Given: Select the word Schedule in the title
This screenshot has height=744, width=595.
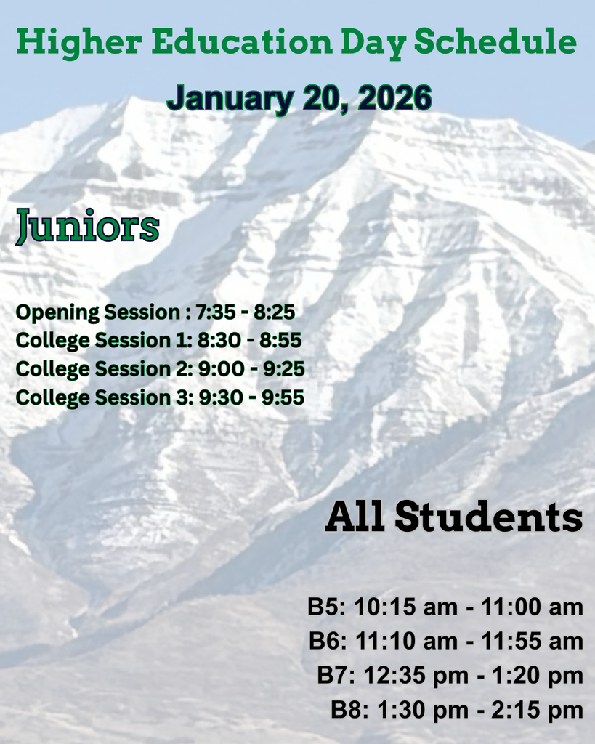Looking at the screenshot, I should coord(495,42).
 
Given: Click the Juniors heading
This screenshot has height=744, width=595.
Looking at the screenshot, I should coord(87,227).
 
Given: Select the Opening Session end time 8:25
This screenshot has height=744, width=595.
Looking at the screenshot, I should coord(274,312).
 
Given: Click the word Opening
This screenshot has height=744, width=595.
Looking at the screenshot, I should coord(57,312).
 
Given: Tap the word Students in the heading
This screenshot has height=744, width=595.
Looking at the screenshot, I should coord(488,517).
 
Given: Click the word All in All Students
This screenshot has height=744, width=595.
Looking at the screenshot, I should coord(355,517).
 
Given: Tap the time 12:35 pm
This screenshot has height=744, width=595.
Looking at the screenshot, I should coord(415,675).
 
